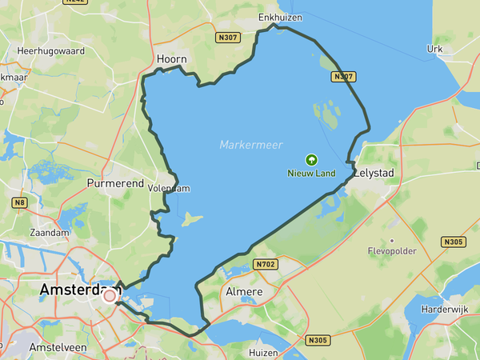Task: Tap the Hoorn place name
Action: pos(172,59)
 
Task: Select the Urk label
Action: pos(434,49)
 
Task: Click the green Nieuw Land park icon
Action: pos(311,160)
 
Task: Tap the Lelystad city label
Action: pos(375,172)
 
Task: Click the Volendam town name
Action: pos(169,189)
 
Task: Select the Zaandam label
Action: pos(50,232)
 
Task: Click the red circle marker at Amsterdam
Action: pos(110,296)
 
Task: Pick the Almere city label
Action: pos(245,291)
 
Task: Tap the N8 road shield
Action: pos(20,203)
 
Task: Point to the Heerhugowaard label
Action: pos(51,50)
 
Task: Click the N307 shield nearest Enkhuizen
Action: pos(227,37)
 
